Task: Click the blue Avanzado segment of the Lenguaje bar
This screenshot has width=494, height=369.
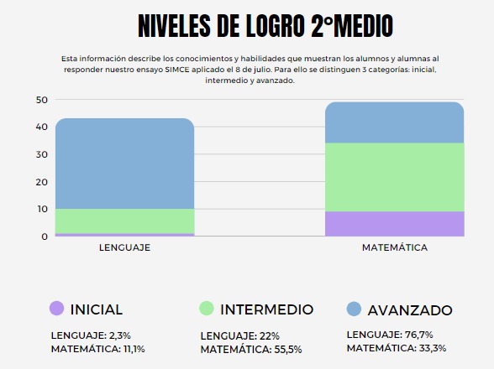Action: point(124,164)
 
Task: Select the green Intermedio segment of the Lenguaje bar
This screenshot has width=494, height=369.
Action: point(124,221)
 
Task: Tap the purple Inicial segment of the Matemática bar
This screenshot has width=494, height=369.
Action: point(395,224)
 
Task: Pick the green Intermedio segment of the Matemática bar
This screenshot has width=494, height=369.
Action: point(395,177)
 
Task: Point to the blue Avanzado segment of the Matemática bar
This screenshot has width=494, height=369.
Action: point(395,122)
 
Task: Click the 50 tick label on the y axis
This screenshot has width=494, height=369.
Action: point(42,100)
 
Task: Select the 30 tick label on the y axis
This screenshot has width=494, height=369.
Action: point(42,154)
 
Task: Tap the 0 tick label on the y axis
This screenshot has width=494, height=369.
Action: point(45,236)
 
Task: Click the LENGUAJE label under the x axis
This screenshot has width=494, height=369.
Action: point(124,247)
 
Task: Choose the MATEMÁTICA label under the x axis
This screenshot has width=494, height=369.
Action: point(395,247)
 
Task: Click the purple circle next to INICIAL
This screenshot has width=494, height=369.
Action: point(57,309)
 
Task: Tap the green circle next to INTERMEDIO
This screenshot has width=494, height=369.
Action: point(207,309)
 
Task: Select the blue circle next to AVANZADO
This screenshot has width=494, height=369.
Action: point(354,309)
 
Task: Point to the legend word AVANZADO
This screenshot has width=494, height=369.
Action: point(410,310)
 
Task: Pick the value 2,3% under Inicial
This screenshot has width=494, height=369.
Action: point(119,335)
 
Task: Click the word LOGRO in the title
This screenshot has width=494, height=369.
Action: point(275,26)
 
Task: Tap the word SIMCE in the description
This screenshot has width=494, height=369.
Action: point(177,70)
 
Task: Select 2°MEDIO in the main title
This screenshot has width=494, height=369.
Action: point(352,26)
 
